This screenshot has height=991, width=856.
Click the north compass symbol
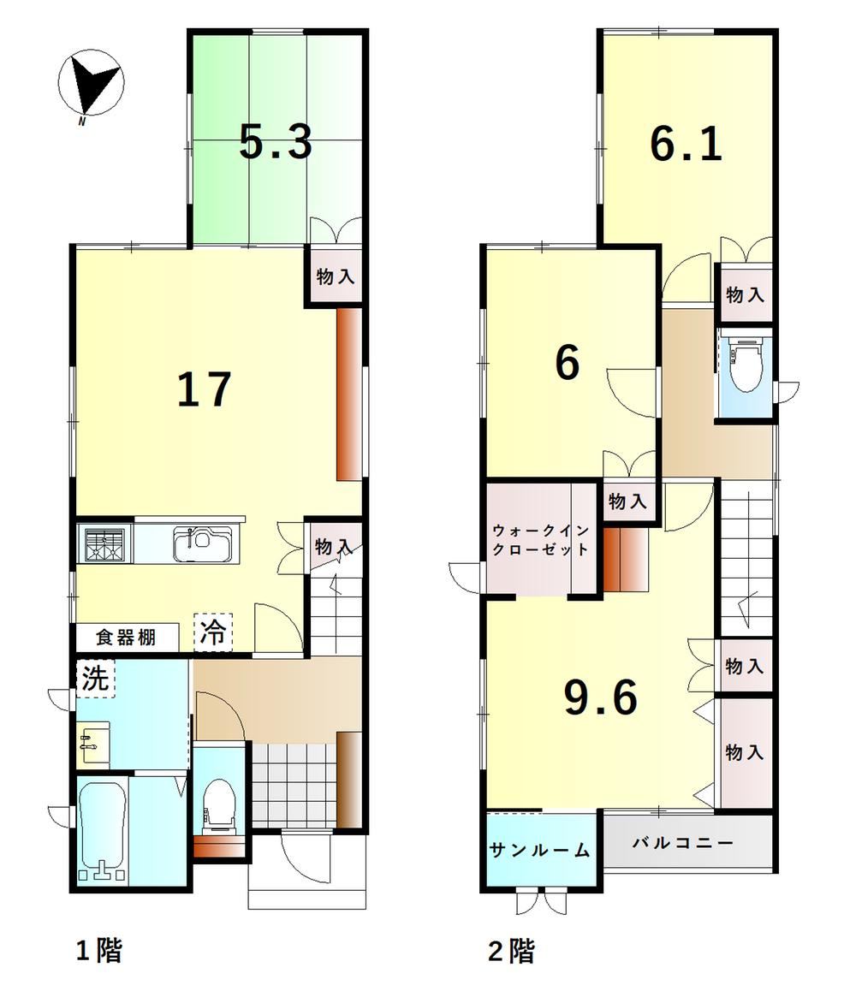click(x=91, y=83)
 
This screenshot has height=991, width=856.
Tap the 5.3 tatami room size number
click(x=276, y=142)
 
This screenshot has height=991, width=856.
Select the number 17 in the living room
click(x=204, y=389)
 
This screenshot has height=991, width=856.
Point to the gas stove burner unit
click(x=105, y=543)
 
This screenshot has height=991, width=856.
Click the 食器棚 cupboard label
click(x=126, y=637)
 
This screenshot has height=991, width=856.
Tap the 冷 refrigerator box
click(x=213, y=632)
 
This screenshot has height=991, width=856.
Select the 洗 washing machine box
click(x=96, y=678)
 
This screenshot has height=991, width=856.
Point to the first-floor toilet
click(x=218, y=804)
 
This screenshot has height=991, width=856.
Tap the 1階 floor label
click(x=98, y=951)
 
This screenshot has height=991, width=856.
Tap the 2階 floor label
click(x=511, y=951)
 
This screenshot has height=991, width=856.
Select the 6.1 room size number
click(x=686, y=145)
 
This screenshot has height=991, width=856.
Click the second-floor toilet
click(x=746, y=370)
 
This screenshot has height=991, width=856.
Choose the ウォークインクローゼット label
click(x=540, y=540)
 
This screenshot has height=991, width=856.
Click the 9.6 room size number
click(x=601, y=697)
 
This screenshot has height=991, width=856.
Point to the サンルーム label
click(x=540, y=850)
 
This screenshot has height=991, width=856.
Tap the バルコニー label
click(x=683, y=842)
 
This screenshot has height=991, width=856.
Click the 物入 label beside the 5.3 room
click(x=335, y=276)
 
